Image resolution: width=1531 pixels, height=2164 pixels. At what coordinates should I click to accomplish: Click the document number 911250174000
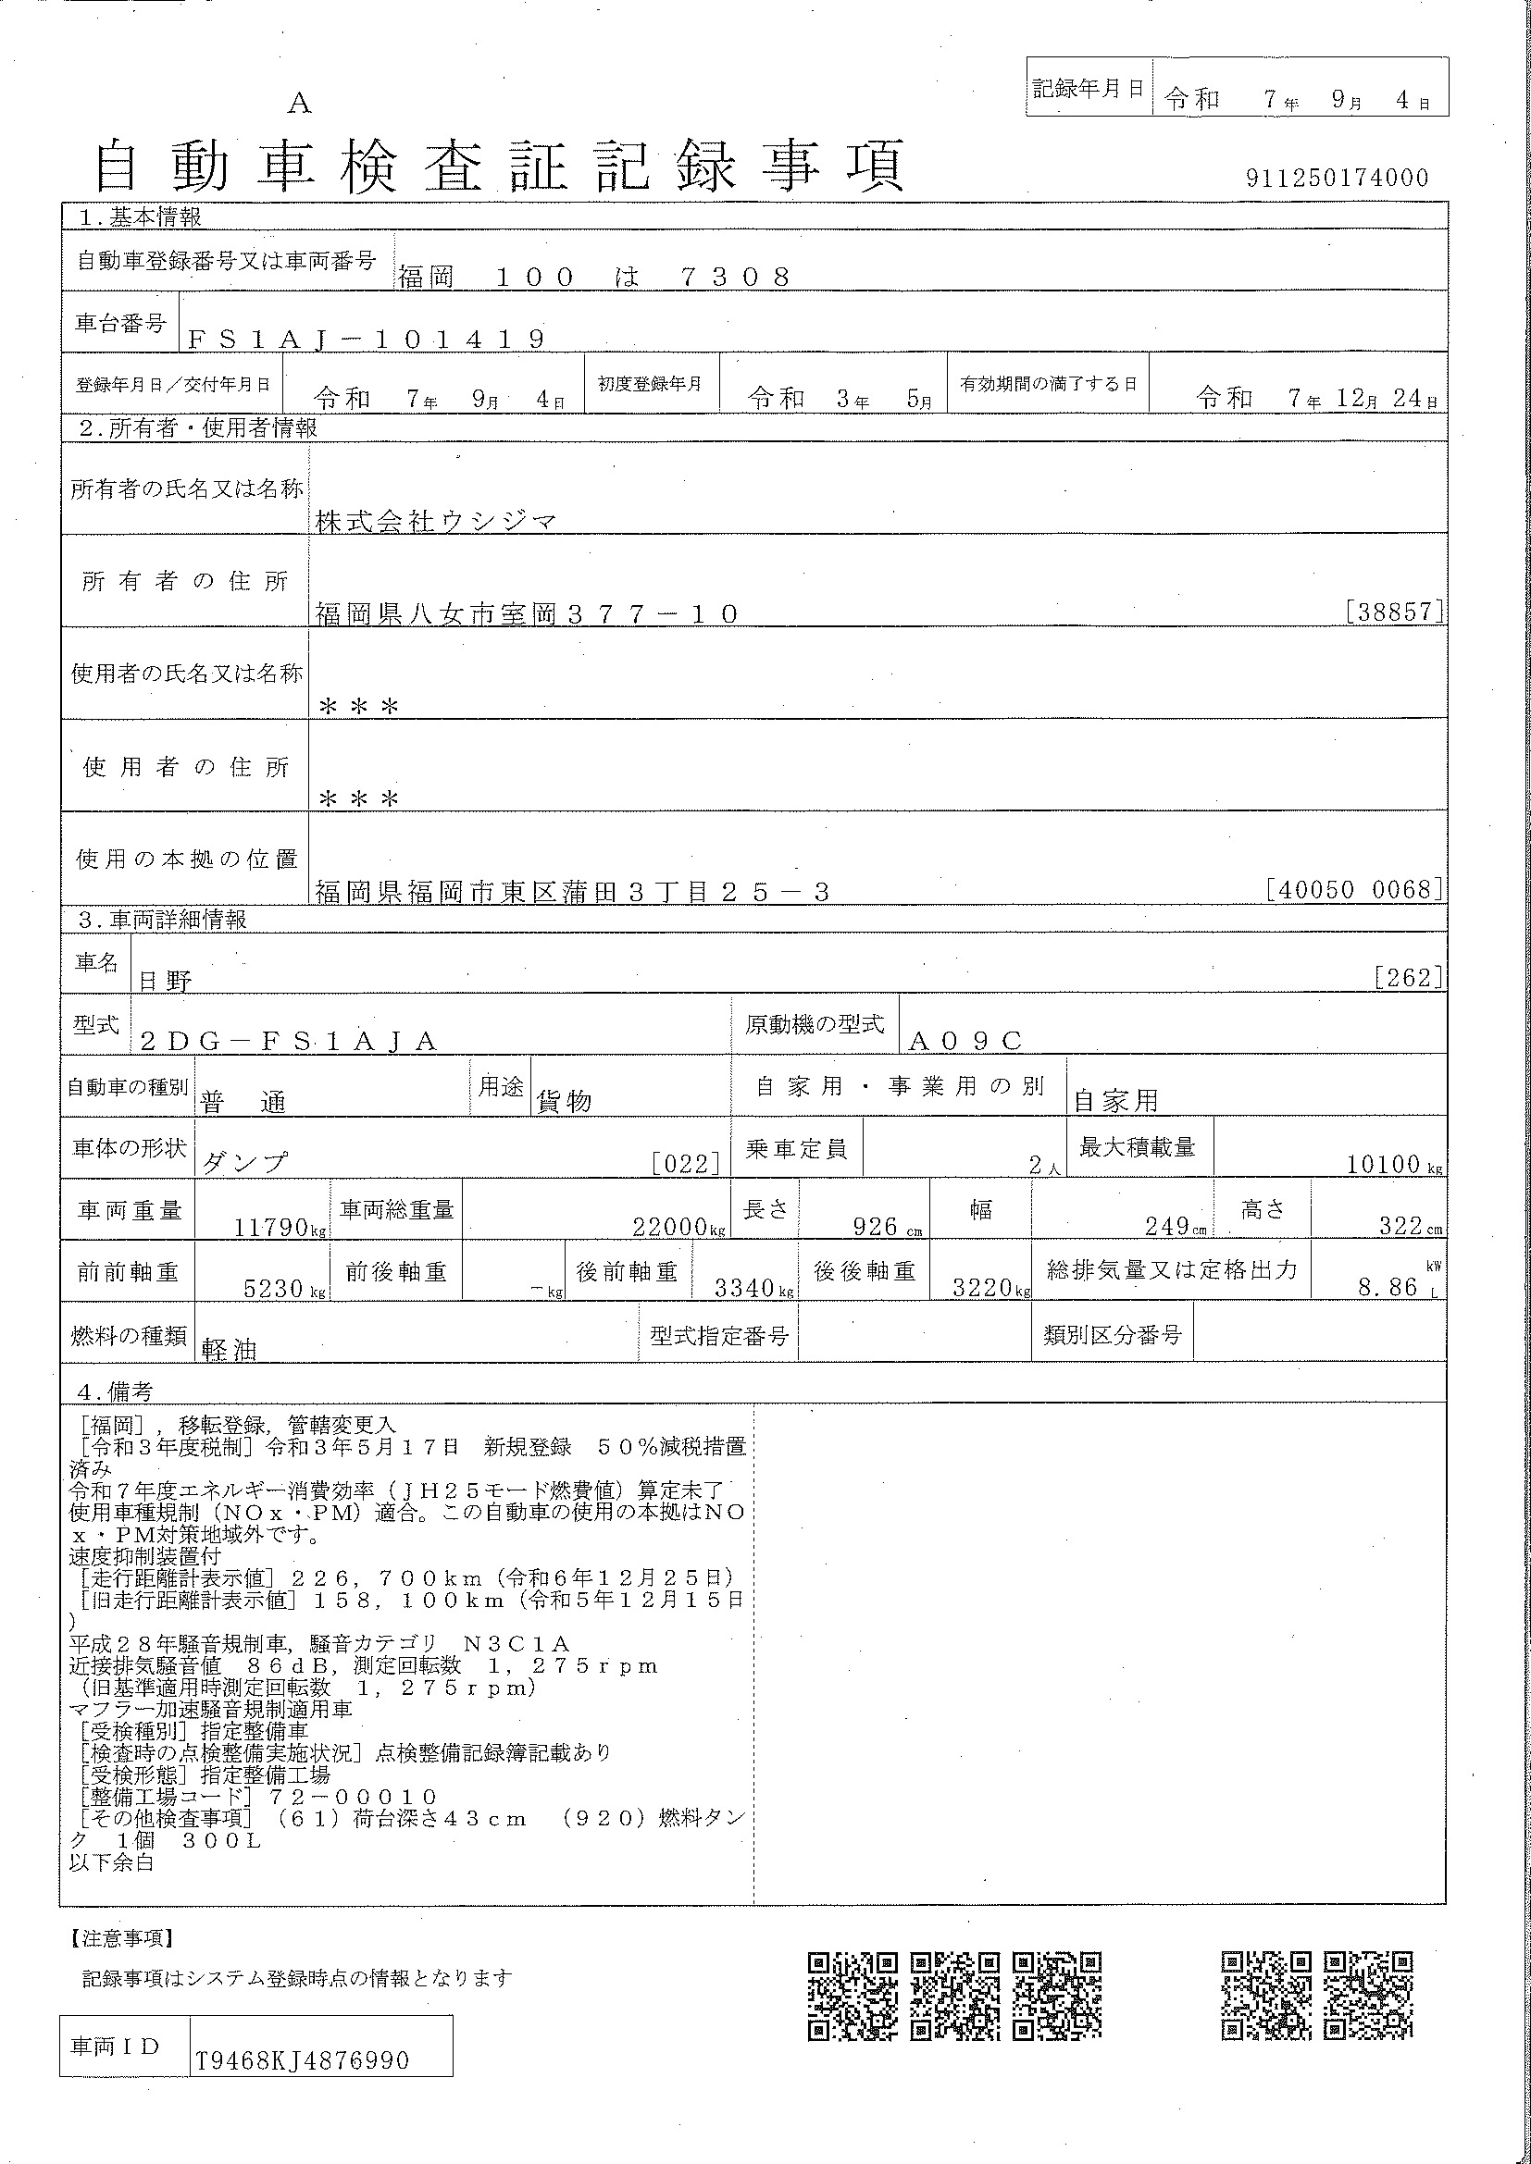pos(1336,179)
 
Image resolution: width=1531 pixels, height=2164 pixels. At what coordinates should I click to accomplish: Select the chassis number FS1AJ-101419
pos(366,340)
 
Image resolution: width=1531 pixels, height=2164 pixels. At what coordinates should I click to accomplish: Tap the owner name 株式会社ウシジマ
pos(437,521)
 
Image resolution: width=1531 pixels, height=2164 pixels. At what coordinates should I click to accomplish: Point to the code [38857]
pos(1394,612)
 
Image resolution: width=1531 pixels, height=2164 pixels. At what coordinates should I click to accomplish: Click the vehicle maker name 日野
pos(165,980)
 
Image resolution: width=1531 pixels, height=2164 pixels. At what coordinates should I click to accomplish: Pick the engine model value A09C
pos(965,1041)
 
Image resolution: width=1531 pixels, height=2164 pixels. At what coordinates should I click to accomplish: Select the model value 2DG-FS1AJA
pos(288,1041)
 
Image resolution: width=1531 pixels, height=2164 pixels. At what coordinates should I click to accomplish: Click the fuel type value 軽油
pos(229,1350)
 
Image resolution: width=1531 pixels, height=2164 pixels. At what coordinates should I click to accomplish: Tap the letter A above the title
pos(299,104)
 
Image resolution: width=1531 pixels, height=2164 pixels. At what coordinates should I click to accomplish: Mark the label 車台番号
pos(119,323)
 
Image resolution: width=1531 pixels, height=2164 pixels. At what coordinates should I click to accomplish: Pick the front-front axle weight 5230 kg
pos(273,1288)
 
